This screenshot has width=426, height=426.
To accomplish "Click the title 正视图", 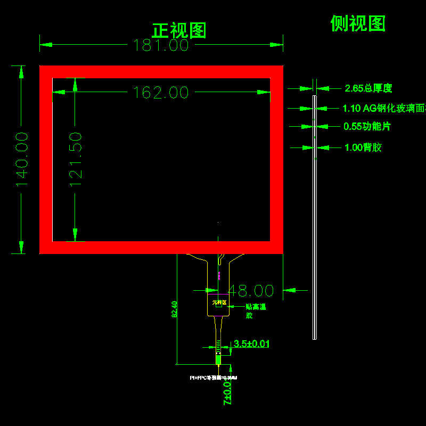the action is click(x=179, y=30).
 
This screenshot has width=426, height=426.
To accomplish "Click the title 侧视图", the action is click(x=358, y=23).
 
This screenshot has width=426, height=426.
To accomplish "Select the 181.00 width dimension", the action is click(x=161, y=45).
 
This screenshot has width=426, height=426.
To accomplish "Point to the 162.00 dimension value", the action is click(x=161, y=93).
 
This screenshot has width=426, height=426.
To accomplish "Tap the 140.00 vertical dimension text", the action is click(x=22, y=159).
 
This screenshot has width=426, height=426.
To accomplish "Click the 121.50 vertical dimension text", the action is click(x=76, y=159).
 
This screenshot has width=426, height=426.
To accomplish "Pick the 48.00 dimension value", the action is click(x=251, y=291).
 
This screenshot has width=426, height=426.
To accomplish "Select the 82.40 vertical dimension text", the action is click(x=174, y=309).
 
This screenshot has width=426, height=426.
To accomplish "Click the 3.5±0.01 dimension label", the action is click(x=251, y=344).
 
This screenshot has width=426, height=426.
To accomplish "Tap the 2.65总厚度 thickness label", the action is click(x=368, y=88).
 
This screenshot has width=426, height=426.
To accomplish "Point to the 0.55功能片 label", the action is click(x=367, y=127).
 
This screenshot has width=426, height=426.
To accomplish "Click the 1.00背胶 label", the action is click(x=363, y=148).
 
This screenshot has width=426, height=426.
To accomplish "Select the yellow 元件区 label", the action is click(x=219, y=302).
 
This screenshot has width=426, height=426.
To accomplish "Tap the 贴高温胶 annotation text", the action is click(x=255, y=311).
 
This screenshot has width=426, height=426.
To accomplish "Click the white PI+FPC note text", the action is click(x=214, y=378).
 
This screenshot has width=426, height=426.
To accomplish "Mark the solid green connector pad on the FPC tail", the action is click(x=218, y=359).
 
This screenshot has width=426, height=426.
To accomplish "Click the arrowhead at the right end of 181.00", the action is click(x=277, y=45).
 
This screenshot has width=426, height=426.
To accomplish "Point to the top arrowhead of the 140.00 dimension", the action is click(x=22, y=72).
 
